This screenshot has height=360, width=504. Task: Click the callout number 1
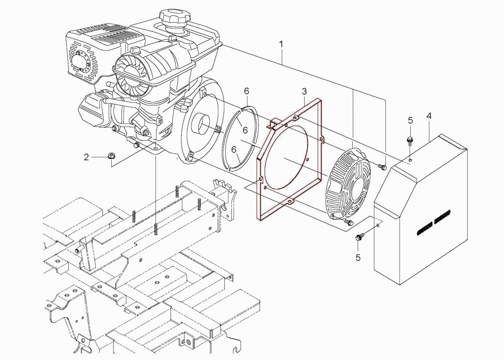click(x=281, y=44)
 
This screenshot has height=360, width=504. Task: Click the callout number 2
click(x=86, y=157)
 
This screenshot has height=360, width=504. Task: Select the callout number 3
click(x=305, y=92)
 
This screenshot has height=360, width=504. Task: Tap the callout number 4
click(x=429, y=116)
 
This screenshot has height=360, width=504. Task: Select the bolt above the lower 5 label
click(x=359, y=238)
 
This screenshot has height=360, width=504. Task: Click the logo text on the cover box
click(x=434, y=223)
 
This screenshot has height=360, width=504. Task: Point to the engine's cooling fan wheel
click(x=130, y=73)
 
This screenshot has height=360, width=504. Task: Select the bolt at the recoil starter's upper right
click(x=382, y=167)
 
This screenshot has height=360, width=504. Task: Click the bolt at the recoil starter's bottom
click(x=348, y=222)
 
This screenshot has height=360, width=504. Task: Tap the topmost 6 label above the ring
click(x=246, y=91)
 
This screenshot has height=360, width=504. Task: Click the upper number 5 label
click(x=410, y=120)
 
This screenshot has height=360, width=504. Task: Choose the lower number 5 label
click(x=358, y=258)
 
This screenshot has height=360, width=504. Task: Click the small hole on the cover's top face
click(x=410, y=159)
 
